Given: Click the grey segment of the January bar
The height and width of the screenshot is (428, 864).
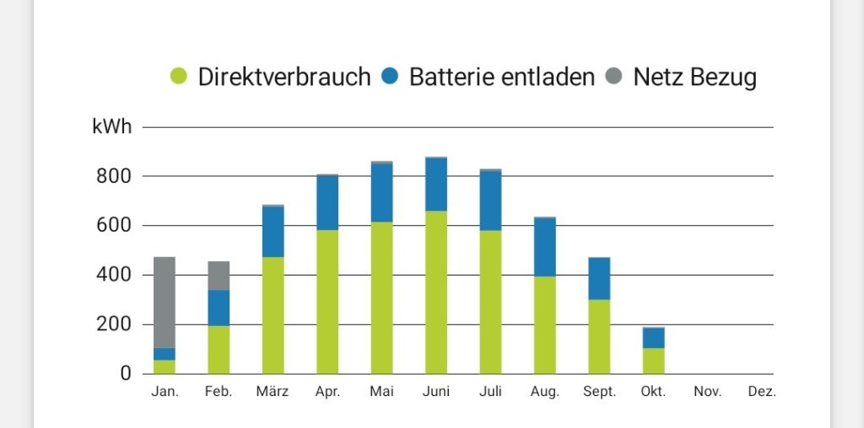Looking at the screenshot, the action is [x=165, y=302].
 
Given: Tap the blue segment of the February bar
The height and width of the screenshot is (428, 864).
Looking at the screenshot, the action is [x=219, y=308].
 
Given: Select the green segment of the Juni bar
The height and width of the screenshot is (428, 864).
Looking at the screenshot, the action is [x=436, y=292].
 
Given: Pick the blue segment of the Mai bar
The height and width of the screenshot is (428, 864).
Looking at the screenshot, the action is [x=382, y=193].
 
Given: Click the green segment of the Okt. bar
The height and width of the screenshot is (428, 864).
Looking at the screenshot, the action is [x=654, y=361].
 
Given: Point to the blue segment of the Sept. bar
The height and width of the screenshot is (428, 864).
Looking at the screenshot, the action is [x=599, y=278].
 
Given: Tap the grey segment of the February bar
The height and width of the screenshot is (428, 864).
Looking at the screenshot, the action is [x=219, y=276].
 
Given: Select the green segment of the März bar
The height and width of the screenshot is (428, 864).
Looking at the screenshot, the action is [x=273, y=315].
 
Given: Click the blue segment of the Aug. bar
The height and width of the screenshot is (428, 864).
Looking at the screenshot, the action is [x=545, y=248].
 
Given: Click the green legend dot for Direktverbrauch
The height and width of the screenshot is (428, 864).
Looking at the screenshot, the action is [x=179, y=76].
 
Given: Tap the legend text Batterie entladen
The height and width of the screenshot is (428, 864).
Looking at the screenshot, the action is [x=502, y=77].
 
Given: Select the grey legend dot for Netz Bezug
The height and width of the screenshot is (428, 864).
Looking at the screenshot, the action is [x=613, y=76].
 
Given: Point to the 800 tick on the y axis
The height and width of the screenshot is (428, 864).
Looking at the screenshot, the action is [x=115, y=177].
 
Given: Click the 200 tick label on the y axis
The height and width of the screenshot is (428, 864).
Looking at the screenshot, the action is [x=115, y=324].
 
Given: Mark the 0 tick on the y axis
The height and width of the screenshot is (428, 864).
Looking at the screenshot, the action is [x=127, y=373].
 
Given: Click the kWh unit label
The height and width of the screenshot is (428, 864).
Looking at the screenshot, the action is [x=112, y=127].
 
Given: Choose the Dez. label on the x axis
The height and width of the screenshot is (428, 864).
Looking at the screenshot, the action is [x=762, y=392].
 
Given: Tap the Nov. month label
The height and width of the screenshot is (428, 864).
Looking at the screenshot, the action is [x=708, y=392].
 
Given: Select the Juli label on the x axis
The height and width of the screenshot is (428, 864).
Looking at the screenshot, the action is [x=490, y=392].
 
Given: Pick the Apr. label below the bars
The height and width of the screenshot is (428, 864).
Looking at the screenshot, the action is [x=327, y=393].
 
